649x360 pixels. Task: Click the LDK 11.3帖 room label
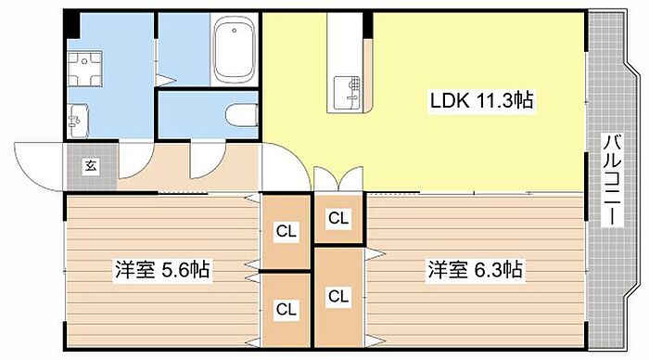482,100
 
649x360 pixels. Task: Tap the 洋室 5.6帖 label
162,270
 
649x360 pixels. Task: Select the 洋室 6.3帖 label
475,270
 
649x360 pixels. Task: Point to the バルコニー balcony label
613,180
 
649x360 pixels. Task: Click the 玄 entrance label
92,166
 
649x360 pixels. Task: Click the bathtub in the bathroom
234,49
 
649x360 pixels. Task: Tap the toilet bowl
242,115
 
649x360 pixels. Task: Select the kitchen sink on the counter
347,92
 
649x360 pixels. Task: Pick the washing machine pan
85,69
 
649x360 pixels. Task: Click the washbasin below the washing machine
78,121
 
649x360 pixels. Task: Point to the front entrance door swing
38,166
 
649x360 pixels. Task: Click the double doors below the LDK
338,178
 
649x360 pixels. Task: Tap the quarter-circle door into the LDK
286,166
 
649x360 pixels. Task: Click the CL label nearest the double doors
338,218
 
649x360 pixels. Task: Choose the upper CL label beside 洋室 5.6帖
286,231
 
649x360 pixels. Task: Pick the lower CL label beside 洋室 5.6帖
286,309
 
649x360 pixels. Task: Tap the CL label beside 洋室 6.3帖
338,296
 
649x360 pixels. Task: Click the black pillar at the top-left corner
71,24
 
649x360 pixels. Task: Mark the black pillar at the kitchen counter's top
367,25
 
